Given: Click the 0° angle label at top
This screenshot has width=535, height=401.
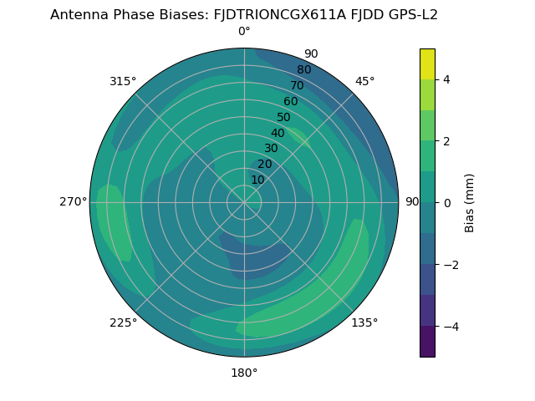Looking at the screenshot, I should point(244,32).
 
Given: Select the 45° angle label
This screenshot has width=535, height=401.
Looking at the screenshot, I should point(364,81).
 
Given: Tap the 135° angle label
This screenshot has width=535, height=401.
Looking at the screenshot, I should point(364,322).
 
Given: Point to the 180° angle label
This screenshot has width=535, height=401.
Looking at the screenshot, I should point(244,373).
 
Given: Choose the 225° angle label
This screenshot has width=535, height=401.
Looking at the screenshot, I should point(123,322).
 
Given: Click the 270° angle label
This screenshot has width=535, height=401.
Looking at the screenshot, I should point(74,201).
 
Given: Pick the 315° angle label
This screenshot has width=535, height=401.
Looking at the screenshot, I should point(123,81).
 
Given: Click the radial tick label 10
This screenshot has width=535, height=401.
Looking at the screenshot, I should point(257,180).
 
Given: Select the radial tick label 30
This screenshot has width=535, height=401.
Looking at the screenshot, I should point(271,149).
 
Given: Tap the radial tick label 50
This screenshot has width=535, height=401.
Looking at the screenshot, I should point(283,118).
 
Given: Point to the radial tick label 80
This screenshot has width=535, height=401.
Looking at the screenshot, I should point(303,70).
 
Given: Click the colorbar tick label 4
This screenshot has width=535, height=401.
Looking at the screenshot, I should point(446,79).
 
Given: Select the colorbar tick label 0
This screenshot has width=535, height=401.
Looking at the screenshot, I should point(446,202).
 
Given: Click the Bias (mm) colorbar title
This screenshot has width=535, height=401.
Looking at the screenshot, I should point(470,202).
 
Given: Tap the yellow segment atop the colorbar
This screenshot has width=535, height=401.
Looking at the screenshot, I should point(427,63).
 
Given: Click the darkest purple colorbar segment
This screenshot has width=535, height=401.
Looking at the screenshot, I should point(427,341).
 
